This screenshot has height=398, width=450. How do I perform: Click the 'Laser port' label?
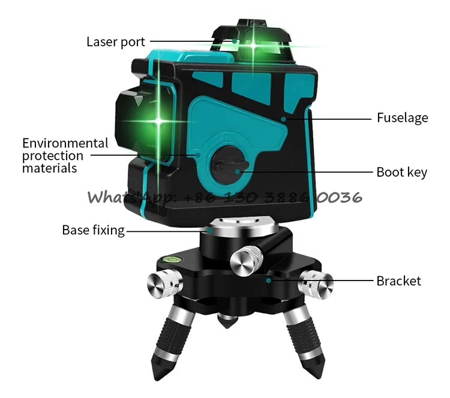tap(116, 41)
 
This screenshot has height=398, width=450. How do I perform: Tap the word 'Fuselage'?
tap(402, 117)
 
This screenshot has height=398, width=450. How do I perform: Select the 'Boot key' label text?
tap(401, 173)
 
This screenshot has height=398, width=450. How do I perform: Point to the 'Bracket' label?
tap(398, 281)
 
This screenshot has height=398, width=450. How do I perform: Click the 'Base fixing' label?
tap(93, 230)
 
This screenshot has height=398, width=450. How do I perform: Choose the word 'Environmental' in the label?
tap(65, 143)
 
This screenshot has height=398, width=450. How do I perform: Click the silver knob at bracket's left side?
tap(161, 282)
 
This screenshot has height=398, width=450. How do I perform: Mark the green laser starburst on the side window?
tap(159, 122)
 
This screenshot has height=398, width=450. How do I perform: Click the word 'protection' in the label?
tap(53, 156)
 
